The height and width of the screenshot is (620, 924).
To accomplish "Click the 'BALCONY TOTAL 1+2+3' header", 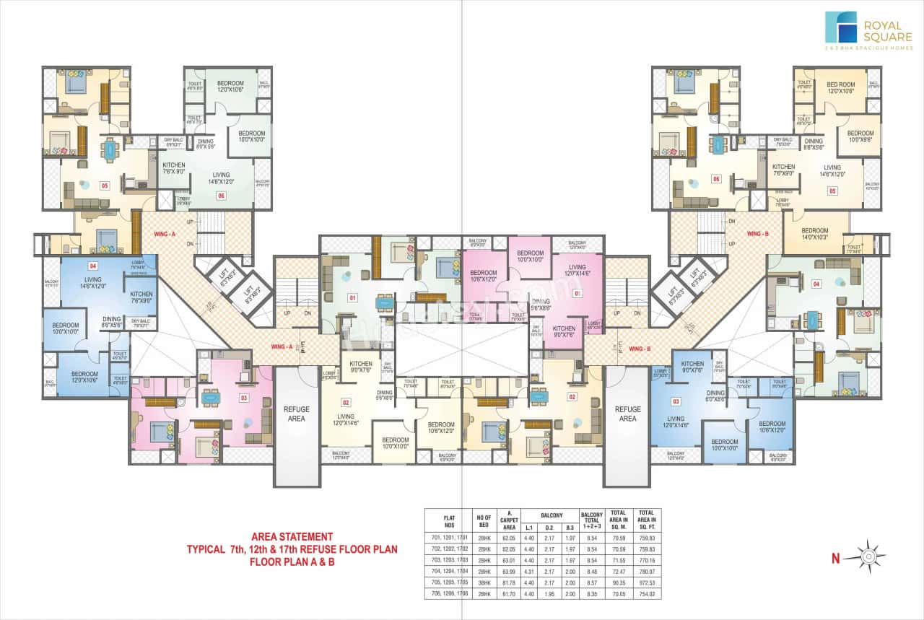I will [592, 520].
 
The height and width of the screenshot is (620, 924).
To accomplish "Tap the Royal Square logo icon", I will [842, 27].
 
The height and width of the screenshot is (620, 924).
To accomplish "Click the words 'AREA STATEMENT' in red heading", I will [292, 536].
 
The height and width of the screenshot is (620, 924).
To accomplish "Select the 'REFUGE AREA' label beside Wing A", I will [296, 414].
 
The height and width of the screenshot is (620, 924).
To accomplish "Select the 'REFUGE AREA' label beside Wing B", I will [627, 414].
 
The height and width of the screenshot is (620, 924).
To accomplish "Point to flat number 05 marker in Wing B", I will [832, 191].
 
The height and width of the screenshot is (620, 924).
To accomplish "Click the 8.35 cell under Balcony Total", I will [592, 594].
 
